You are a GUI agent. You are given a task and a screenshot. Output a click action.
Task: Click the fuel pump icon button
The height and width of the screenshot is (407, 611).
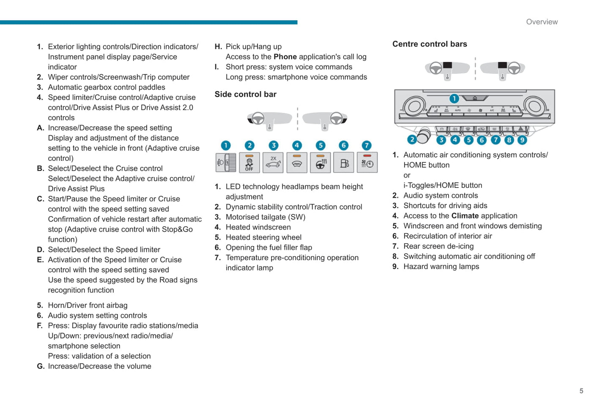coord(344,163)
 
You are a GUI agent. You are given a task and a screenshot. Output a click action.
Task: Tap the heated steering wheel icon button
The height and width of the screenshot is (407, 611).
coord(321,163)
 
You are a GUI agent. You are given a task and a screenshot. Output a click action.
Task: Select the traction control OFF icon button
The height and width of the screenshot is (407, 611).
coord(249,163)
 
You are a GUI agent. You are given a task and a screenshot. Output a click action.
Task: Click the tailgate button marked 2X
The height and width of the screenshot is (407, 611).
coord(273,163)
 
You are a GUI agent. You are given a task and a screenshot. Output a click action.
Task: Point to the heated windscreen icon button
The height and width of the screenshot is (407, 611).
coord(297,163)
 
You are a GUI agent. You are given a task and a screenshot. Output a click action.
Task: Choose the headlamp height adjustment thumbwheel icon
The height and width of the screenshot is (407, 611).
coord(226,163)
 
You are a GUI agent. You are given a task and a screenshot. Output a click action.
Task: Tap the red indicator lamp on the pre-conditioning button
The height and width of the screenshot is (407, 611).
coord(367,156)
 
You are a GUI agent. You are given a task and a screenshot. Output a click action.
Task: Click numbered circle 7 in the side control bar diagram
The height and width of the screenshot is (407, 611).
coord(367,146)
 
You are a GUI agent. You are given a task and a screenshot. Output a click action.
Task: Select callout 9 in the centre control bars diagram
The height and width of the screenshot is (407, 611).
coord(522,140)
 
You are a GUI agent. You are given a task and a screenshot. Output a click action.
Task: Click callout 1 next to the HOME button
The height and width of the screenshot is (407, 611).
coord(454,99)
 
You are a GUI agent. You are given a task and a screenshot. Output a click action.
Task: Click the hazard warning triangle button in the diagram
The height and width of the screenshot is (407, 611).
coord(521,129)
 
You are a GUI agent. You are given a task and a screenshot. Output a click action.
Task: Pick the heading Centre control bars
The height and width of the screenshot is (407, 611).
coord(430,44)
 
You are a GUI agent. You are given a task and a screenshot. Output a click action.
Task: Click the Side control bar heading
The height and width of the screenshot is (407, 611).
coord(245,94)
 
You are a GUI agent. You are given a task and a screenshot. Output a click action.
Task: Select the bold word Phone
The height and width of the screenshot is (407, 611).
coord(285,57)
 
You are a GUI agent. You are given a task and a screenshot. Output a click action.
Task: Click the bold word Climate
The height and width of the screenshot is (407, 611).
coord(465,216)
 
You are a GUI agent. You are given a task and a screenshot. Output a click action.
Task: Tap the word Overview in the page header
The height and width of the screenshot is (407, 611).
coord(542,22)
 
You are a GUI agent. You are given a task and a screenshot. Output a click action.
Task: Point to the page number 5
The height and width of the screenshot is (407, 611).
coord(581,391)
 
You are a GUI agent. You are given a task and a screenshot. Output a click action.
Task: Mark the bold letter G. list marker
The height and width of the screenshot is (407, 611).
coord(41,366)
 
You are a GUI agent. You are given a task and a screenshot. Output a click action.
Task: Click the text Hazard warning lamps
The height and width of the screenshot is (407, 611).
coord(441,266)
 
